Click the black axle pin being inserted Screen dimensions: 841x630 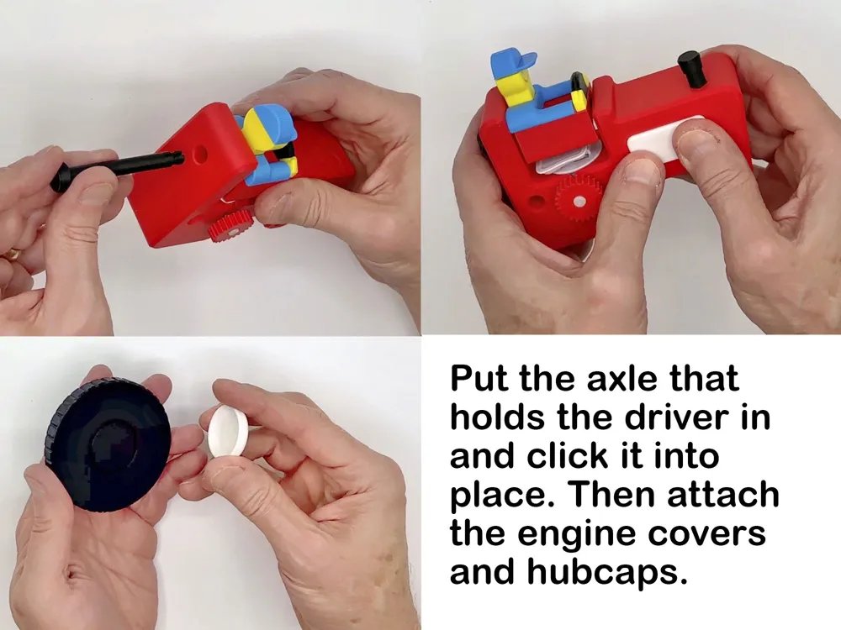[x=118, y=168]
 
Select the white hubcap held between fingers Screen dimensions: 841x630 [x=229, y=431]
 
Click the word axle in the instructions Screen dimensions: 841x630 [x=621, y=378]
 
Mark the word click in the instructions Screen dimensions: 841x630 [x=568, y=456]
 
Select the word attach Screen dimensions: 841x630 [x=723, y=495]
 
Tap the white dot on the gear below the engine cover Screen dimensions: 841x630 [x=579, y=202]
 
